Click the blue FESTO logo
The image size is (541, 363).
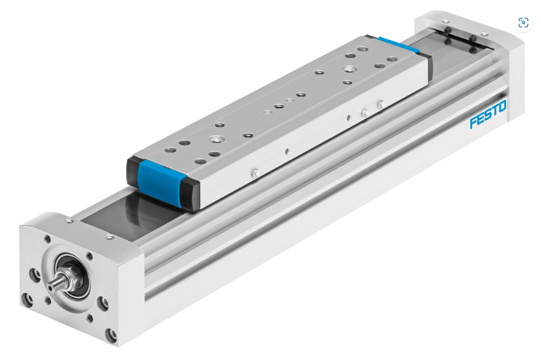488,114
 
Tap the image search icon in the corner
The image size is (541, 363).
523,23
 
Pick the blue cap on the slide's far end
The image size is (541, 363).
398,45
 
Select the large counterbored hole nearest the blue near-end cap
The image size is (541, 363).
217,140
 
